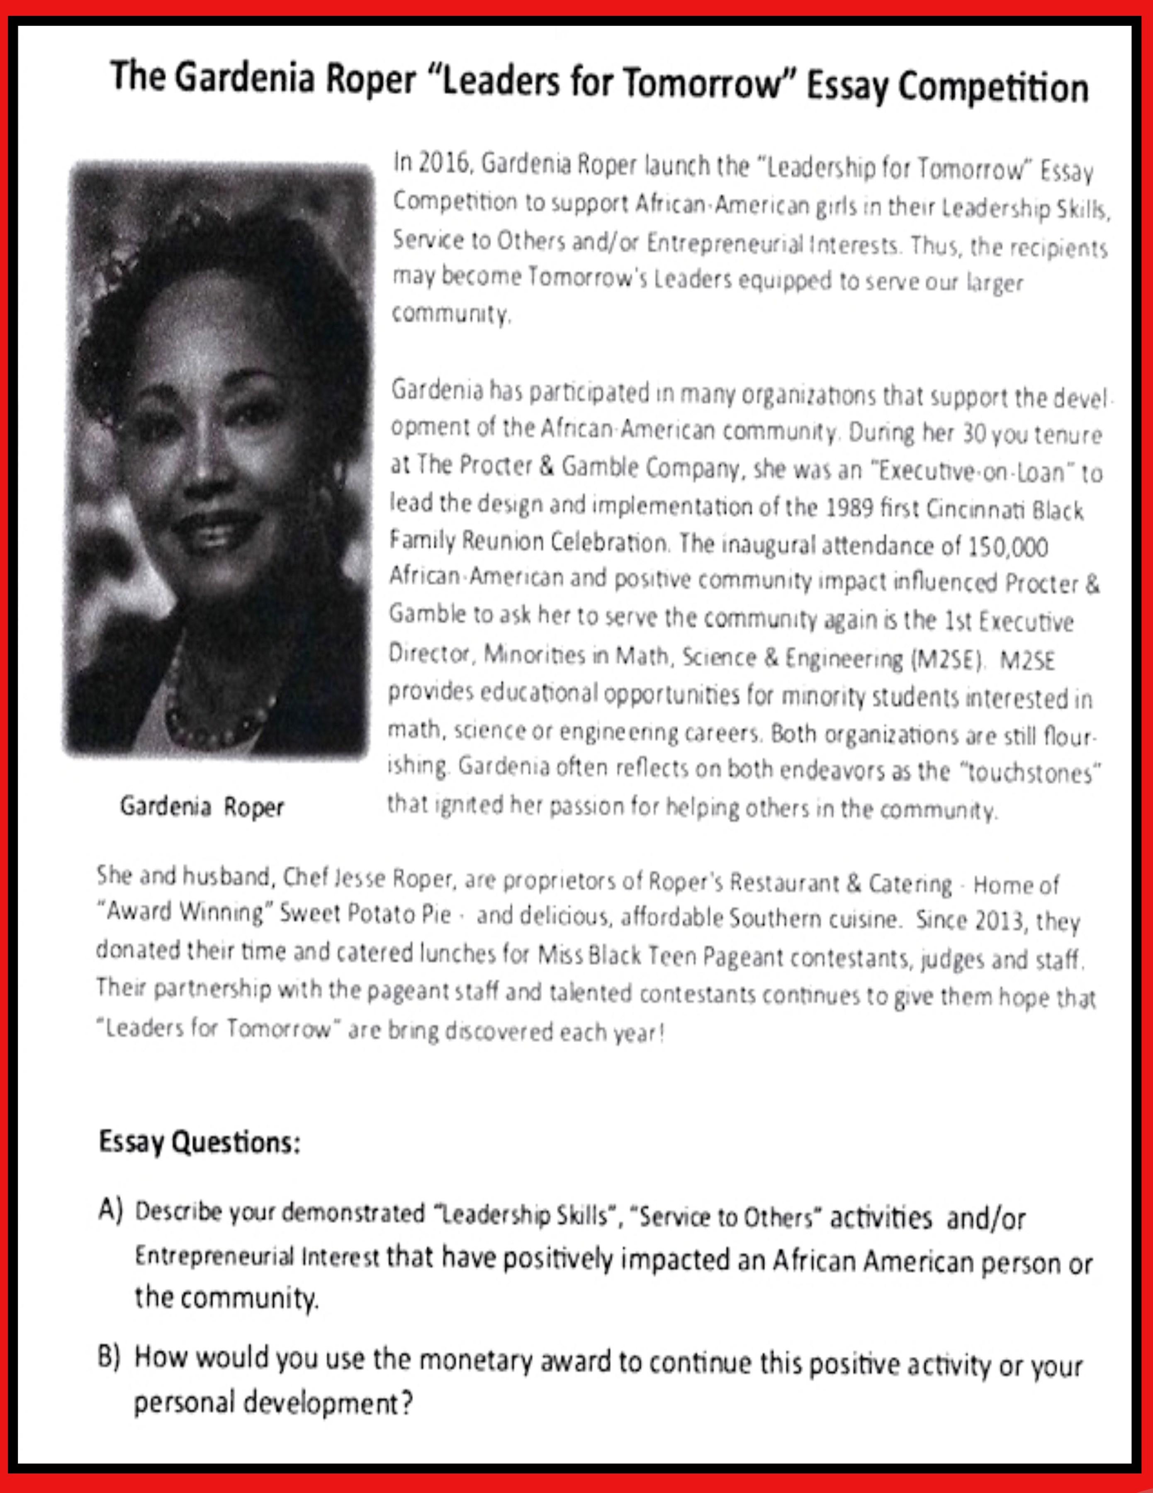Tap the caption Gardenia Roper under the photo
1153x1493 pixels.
point(202,807)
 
